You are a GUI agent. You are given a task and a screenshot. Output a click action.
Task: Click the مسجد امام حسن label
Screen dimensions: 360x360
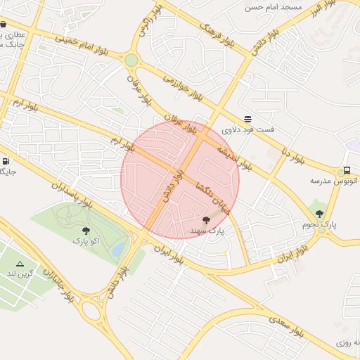pyautogui.click(x=273, y=7)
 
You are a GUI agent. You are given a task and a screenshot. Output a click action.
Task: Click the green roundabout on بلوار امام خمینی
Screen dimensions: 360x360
pyautogui.click(x=131, y=60)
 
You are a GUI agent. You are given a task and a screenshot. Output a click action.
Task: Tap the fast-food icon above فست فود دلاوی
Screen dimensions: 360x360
pyautogui.click(x=247, y=119)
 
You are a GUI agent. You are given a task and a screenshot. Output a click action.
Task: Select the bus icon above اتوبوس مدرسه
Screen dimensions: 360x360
pyautogui.click(x=346, y=171)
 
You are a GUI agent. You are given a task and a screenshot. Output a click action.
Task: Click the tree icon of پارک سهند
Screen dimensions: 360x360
pyautogui.click(x=206, y=221)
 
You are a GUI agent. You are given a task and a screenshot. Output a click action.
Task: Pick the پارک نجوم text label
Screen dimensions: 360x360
pyautogui.click(x=320, y=225)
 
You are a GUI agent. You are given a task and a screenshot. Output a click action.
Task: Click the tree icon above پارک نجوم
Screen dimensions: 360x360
pyautogui.click(x=320, y=214)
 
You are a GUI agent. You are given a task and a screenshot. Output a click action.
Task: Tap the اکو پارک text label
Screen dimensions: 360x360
pyautogui.click(x=86, y=240)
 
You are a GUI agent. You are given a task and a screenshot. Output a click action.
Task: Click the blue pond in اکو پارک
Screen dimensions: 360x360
pyautogui.click(x=119, y=248)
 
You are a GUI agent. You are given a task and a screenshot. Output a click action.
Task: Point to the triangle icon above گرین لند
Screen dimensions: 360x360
pyautogui.click(x=20, y=263)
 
